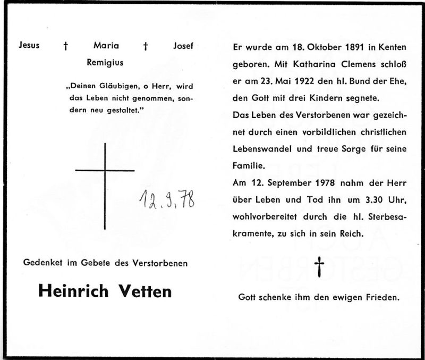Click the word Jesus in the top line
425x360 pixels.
pyautogui.click(x=29, y=46)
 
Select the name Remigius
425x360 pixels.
pyautogui.click(x=105, y=62)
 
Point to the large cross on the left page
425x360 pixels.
pyautogui.click(x=105, y=171)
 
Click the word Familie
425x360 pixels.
pyautogui.click(x=248, y=165)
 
